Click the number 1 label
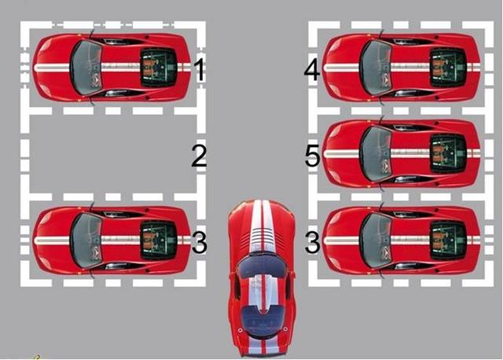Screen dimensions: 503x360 pos(200,70)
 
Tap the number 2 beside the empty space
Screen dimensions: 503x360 pos(199,156)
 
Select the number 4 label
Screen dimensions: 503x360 pos(312,70)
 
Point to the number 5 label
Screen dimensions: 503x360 pos(312,156)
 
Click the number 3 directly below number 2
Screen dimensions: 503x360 pos(200,242)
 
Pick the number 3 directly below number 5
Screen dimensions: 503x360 pos(312,242)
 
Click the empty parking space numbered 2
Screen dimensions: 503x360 pos(113,154)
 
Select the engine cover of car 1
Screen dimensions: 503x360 pos(159,68)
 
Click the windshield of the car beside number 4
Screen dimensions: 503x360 pos(376,68)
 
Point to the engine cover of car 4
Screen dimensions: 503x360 pos(448,68)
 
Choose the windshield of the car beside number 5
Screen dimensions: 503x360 pos(376,154)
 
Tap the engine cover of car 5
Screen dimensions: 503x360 pos(448,154)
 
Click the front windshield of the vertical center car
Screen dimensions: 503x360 pos(263,266)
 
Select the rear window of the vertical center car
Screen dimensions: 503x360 pos(263,319)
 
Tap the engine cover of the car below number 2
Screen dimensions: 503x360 pos(159,241)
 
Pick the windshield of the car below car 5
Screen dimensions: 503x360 pos(376,241)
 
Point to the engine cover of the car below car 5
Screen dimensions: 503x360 pos(448,241)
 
